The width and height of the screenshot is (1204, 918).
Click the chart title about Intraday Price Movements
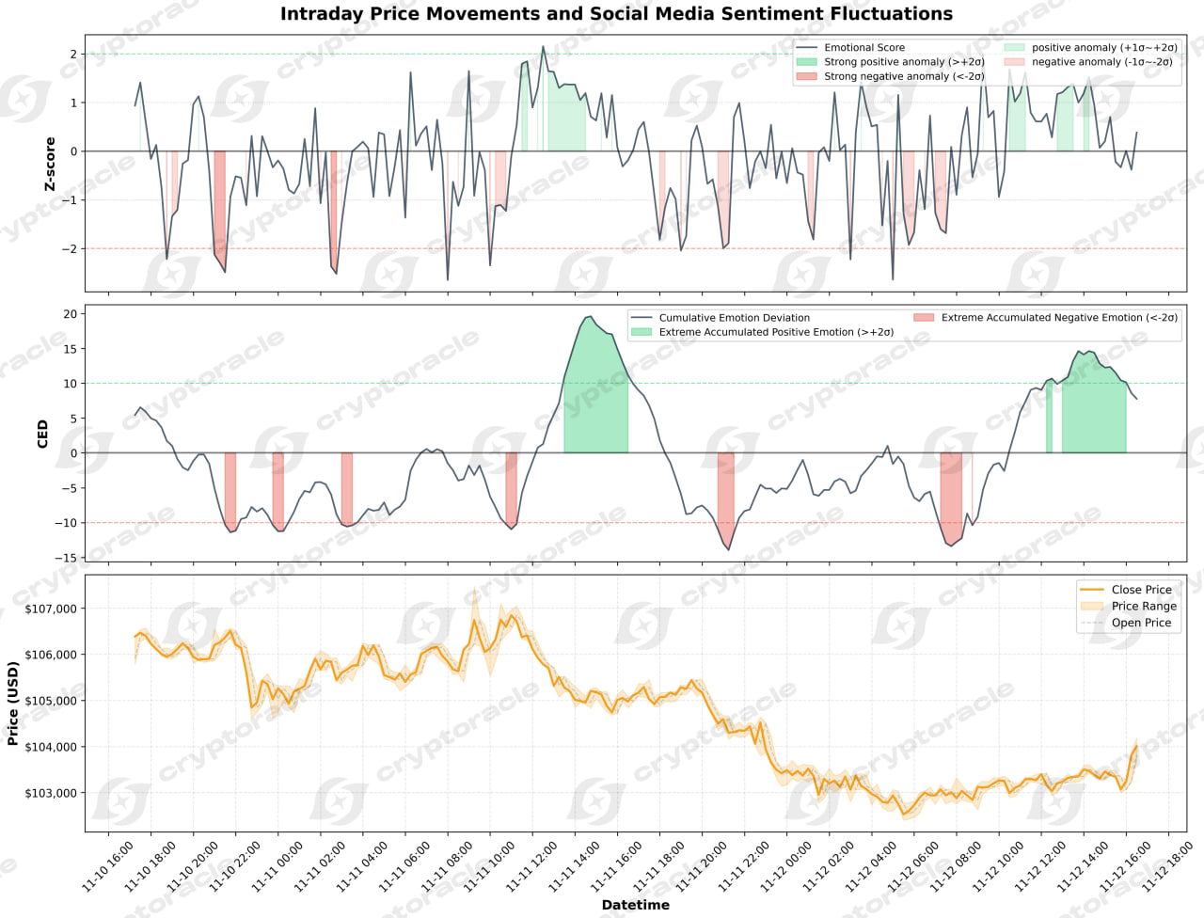(616, 14)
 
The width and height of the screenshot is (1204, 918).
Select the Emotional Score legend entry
(863, 47)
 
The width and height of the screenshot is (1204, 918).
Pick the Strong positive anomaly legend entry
(904, 62)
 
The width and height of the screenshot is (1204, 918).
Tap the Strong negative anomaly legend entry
(904, 76)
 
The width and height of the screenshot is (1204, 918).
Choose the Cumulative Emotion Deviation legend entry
(734, 318)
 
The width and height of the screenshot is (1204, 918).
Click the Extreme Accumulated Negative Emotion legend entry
(1059, 318)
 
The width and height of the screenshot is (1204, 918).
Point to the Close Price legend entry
(1141, 590)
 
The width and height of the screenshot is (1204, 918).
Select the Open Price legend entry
(1141, 623)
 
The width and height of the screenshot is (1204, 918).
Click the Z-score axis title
(51, 164)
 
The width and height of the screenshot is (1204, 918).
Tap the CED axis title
(42, 434)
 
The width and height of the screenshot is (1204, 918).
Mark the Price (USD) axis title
(13, 704)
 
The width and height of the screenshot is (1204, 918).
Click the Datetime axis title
(636, 905)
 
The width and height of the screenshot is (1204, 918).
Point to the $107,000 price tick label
(51, 609)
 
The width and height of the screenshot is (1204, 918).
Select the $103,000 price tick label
(51, 793)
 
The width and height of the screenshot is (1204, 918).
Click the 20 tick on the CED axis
(71, 314)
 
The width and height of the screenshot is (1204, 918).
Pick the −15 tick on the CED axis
(67, 558)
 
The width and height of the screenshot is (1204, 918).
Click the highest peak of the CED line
(589, 317)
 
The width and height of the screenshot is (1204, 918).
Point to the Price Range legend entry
(1143, 607)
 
